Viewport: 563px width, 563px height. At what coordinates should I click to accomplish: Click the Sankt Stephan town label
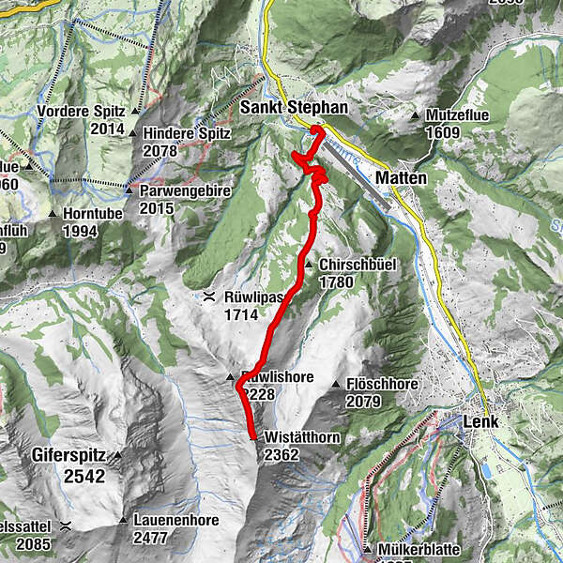tap(294, 108)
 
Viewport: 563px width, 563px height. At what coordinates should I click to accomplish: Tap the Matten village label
tap(401, 177)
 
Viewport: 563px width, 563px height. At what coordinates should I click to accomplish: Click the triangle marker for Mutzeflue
tap(416, 115)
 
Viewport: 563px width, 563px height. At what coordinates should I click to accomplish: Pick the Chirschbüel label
tap(352, 266)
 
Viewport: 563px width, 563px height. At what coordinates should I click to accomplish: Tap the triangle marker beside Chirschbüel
tap(309, 266)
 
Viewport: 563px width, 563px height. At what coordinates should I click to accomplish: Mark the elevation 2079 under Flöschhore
tap(363, 402)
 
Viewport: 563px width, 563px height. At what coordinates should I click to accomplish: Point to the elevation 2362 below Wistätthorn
tap(281, 454)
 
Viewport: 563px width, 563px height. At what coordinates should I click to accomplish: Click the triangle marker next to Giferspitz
tap(119, 456)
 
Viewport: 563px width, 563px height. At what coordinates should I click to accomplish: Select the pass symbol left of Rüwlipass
tap(208, 297)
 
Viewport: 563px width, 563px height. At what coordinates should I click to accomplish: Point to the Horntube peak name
tap(93, 213)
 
